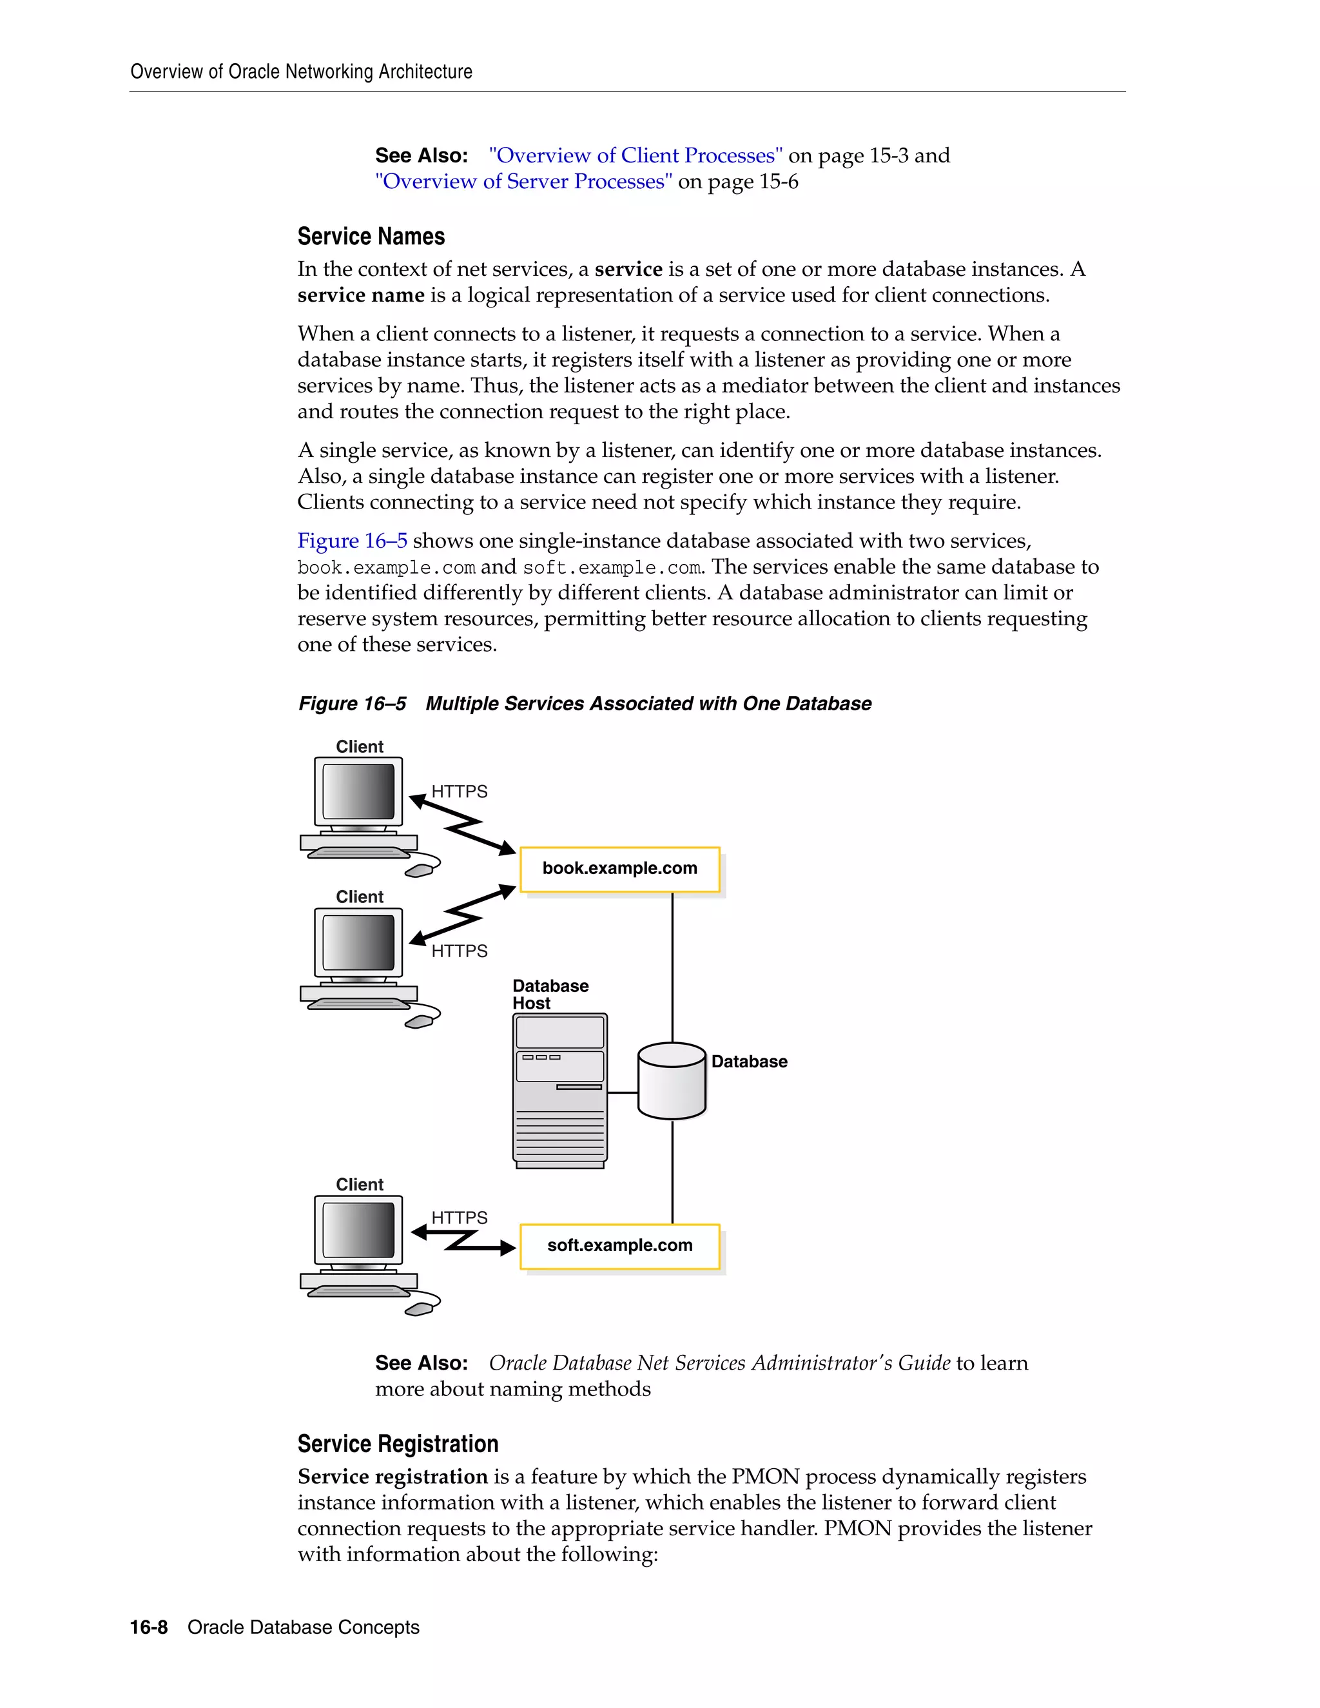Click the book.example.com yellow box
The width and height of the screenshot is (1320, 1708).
[x=619, y=869]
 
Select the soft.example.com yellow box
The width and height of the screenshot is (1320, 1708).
[x=619, y=1246]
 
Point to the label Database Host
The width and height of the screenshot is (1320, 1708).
[x=550, y=995]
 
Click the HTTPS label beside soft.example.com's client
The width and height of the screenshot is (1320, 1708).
[x=459, y=1218]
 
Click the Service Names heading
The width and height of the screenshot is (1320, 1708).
[x=371, y=236]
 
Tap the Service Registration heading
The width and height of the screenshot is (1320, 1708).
[x=397, y=1444]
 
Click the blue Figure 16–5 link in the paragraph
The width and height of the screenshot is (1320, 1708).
[x=352, y=541]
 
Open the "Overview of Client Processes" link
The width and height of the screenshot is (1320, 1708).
[x=635, y=155]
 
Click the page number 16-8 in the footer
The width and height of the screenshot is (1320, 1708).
[x=149, y=1627]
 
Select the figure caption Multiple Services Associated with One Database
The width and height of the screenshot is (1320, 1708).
[x=648, y=704]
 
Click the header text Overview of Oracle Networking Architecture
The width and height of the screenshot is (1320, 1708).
[x=301, y=72]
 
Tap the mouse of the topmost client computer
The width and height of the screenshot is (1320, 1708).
[x=420, y=870]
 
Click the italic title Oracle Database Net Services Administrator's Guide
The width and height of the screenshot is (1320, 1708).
[x=719, y=1363]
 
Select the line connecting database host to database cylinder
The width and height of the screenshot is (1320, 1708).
[x=623, y=1092]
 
